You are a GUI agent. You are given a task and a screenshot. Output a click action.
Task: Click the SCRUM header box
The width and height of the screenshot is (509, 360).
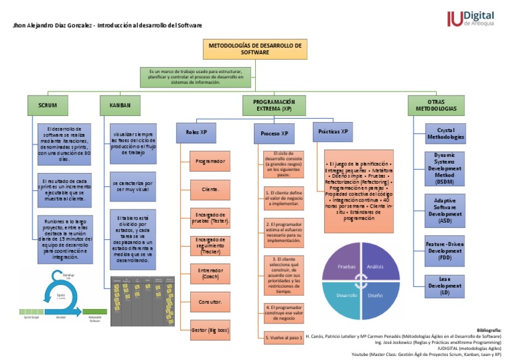point(48,105)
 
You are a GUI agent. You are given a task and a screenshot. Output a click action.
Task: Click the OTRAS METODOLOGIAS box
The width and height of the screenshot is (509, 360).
point(435,105)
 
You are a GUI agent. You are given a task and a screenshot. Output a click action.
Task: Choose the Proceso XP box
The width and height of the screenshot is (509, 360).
point(274,133)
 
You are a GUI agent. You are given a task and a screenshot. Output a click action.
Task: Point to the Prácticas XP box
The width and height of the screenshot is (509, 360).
point(333,132)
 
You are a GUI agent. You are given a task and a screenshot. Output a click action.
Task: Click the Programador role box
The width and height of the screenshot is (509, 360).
point(210,161)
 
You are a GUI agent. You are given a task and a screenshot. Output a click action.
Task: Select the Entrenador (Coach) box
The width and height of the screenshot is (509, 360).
point(210,274)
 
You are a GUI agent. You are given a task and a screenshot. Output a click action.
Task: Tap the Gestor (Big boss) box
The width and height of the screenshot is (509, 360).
point(210,330)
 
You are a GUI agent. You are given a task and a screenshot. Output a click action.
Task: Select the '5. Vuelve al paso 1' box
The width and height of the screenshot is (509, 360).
point(284,337)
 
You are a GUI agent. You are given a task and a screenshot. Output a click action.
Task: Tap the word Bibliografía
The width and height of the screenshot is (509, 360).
point(489,330)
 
